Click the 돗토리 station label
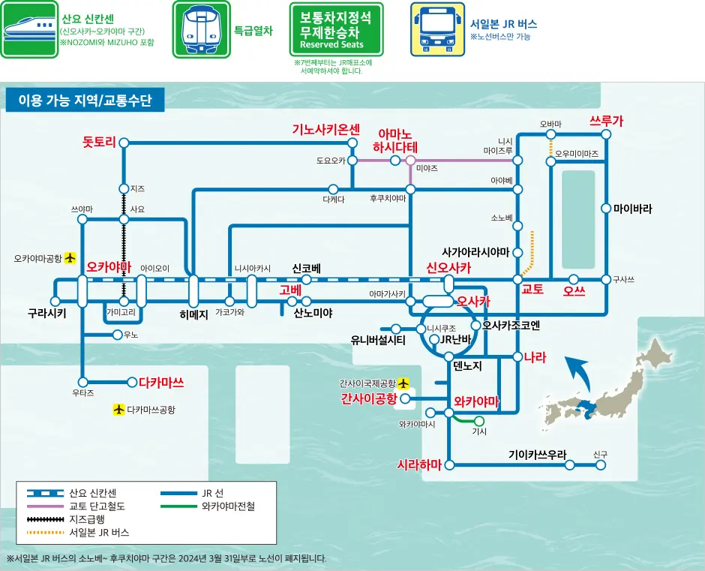click(x=100, y=142)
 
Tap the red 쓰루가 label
click(x=607, y=121)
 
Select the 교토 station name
click(x=532, y=290)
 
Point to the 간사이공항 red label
click(x=368, y=398)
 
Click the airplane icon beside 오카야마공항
click(x=70, y=258)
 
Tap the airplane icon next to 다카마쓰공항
click(x=118, y=410)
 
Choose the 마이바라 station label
click(x=632, y=209)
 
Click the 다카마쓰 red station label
click(x=161, y=382)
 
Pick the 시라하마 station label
click(x=419, y=464)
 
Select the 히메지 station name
click(x=193, y=314)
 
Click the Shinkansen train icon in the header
click(x=28, y=29)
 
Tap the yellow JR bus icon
click(x=437, y=29)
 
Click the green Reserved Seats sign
click(x=337, y=29)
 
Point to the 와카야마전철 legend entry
click(x=228, y=506)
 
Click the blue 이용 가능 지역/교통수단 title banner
click(x=80, y=100)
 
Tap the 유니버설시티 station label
click(x=378, y=340)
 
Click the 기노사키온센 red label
click(x=326, y=129)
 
